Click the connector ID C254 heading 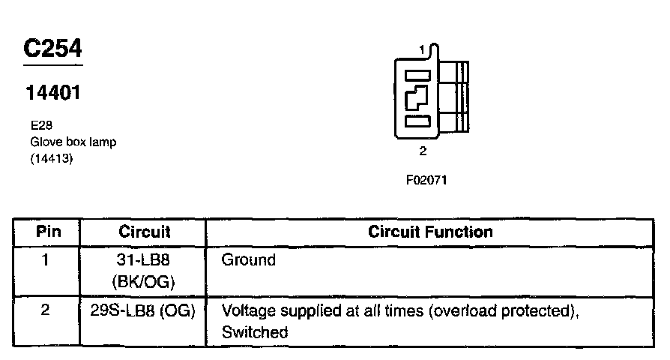click(x=52, y=48)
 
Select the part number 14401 click(x=53, y=93)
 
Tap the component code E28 click(x=41, y=125)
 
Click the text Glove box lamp click(x=73, y=142)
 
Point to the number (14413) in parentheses click(x=52, y=158)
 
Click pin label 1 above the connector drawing click(x=422, y=50)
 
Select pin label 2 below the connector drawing click(x=423, y=151)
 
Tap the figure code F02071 click(x=426, y=180)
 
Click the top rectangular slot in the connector click(x=417, y=76)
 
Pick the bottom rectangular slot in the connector click(x=417, y=121)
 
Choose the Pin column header click(x=48, y=231)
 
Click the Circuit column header click(x=145, y=231)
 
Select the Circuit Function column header click(x=430, y=231)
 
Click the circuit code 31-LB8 click(x=142, y=260)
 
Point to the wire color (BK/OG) click(x=144, y=282)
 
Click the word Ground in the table click(x=248, y=260)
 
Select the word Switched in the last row click(x=255, y=332)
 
